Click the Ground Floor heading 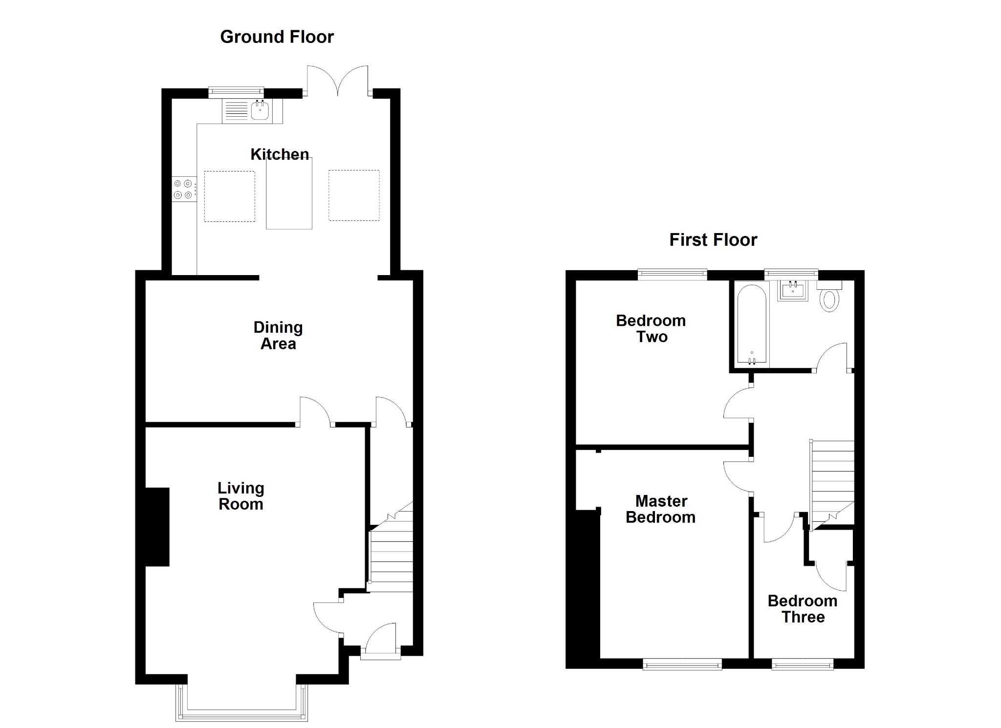click(x=277, y=37)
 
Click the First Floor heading click(x=713, y=240)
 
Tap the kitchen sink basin click(x=260, y=111)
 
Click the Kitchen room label click(x=279, y=154)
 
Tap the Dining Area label click(x=278, y=335)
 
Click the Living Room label click(x=240, y=495)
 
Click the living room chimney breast click(x=157, y=527)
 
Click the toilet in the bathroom click(x=829, y=299)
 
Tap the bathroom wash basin click(x=792, y=291)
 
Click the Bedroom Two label click(x=651, y=328)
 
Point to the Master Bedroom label click(x=660, y=509)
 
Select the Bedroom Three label click(x=802, y=608)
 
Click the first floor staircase click(x=832, y=481)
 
